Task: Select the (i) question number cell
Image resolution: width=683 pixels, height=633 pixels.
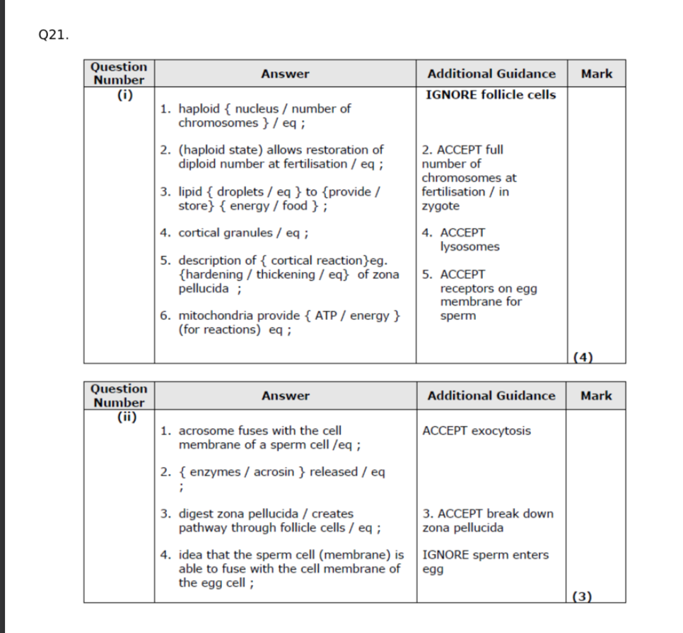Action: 119,94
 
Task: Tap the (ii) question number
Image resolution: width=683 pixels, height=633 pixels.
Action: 119,416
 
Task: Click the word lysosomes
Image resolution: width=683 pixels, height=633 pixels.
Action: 469,247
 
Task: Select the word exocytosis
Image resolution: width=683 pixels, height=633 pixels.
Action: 501,431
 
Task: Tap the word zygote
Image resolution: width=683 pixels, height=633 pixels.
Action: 440,206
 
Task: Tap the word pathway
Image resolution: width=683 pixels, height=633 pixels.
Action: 200,527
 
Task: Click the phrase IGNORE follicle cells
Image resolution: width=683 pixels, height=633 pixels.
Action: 491,95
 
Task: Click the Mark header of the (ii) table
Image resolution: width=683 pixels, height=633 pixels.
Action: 596,396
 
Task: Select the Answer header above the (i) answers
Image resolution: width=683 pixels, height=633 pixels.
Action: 285,73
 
